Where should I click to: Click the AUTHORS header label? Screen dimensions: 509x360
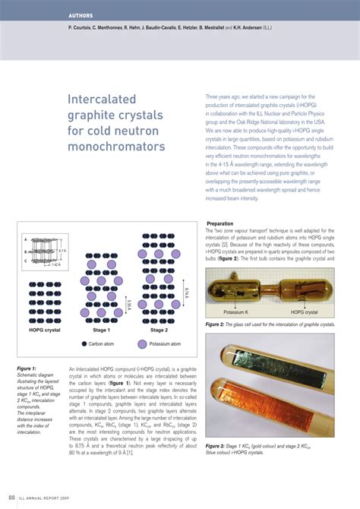tap(81, 16)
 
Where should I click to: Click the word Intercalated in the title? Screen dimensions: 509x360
tap(103, 100)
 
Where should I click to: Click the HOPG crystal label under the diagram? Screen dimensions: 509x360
tap(46, 330)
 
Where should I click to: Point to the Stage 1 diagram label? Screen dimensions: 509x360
tap(101, 330)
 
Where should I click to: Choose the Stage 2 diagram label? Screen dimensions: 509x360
tap(159, 330)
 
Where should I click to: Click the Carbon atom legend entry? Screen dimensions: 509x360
tap(106, 343)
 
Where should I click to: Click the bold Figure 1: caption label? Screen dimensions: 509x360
tap(30, 368)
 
